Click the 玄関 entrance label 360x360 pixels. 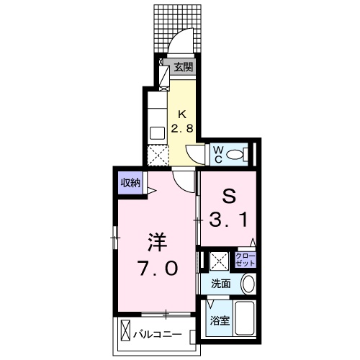184,68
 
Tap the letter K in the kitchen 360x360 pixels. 182,114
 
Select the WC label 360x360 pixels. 217,154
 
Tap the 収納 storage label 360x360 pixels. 130,181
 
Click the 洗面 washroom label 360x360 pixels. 221,284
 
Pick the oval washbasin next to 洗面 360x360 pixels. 248,284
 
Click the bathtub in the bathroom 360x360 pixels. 247,322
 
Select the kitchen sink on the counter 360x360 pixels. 156,133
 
